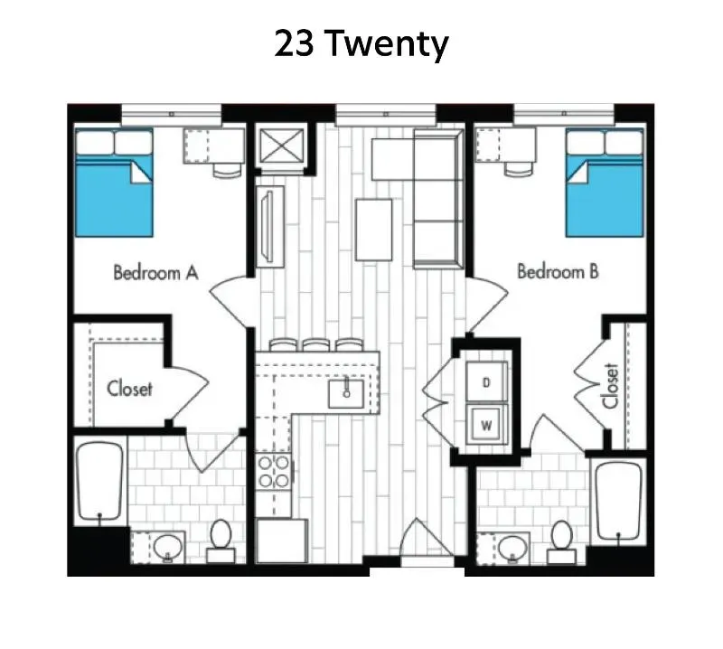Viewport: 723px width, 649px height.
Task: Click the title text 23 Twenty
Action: tap(361, 44)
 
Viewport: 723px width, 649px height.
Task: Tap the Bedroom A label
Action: tap(155, 273)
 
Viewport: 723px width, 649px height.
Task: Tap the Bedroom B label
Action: tap(558, 271)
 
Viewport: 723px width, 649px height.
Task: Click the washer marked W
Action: tap(486, 425)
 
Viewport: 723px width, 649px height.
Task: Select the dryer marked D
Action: tap(486, 382)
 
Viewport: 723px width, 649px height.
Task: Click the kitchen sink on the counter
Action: tap(346, 394)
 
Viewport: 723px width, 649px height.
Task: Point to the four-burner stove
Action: tap(274, 472)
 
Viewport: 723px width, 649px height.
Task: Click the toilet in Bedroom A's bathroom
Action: tap(221, 541)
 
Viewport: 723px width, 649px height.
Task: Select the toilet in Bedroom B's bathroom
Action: tap(561, 541)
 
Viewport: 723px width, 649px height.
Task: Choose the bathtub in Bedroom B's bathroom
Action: tap(619, 501)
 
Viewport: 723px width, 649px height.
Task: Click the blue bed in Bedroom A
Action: tap(114, 183)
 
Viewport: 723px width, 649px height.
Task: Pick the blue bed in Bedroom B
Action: tap(605, 183)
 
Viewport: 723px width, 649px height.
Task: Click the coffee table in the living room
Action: tap(374, 230)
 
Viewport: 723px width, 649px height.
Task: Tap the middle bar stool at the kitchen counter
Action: tap(315, 345)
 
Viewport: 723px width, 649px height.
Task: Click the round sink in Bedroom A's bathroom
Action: tap(168, 548)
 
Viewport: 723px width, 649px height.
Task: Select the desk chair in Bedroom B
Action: tap(519, 168)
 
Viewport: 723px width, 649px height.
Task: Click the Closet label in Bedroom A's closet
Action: tap(129, 389)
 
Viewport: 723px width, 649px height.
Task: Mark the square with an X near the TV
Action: tap(282, 145)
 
